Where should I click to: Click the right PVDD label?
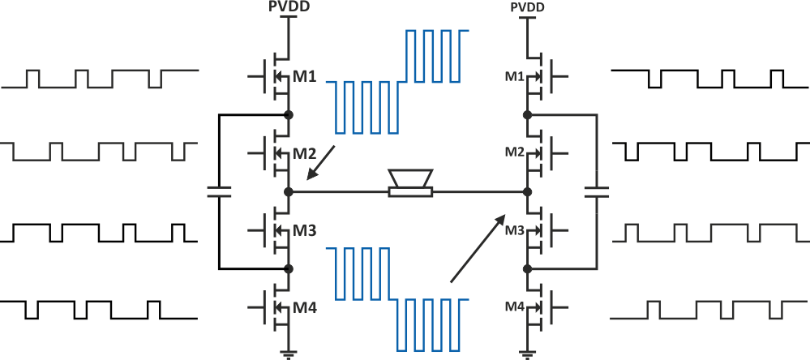[x=527, y=7]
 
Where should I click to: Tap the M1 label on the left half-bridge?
[x=306, y=77]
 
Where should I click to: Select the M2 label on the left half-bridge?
[x=306, y=153]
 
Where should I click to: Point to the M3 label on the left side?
[x=306, y=230]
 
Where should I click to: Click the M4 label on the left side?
[x=306, y=307]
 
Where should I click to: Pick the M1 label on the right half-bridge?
[x=514, y=76]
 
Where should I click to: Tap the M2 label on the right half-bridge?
[x=514, y=152]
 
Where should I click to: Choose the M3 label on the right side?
[x=514, y=230]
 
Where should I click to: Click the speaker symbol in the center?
[x=410, y=183]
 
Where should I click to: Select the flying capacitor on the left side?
[x=218, y=192]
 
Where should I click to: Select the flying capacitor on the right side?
[x=598, y=192]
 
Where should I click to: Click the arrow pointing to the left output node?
[x=322, y=161]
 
